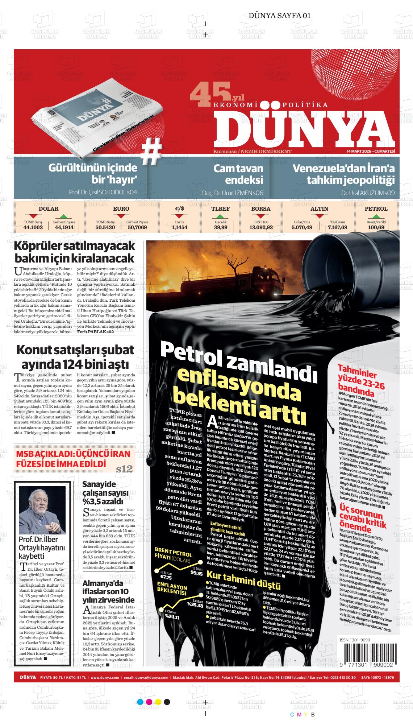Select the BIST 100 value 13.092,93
pos(261,227)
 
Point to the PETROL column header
pos(376,209)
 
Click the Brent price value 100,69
pos(376,227)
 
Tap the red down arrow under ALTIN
pos(319,216)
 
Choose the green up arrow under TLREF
pos(221,216)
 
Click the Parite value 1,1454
pos(179,227)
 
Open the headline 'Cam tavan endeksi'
pos(238,174)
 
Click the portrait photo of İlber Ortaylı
pos(42,509)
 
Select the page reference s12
pos(125,469)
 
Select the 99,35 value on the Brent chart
pos(196,574)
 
